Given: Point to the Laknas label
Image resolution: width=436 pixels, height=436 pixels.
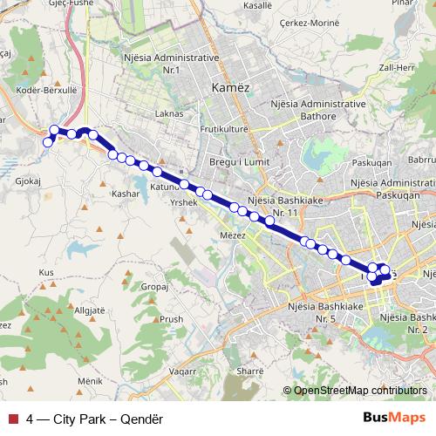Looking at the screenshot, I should (x=168, y=113).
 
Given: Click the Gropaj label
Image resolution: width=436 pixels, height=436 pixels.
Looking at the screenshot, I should (x=153, y=285).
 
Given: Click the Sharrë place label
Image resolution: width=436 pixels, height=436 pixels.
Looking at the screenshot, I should (x=249, y=371).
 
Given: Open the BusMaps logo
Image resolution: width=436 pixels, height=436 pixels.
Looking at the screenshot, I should (x=395, y=418).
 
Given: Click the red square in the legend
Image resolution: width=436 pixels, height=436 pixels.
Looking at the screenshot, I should (x=13, y=419).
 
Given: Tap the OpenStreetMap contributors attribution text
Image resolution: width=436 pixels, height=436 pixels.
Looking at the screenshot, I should (x=359, y=391).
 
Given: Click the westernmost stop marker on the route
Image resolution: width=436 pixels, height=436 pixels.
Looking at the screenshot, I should (x=48, y=142).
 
